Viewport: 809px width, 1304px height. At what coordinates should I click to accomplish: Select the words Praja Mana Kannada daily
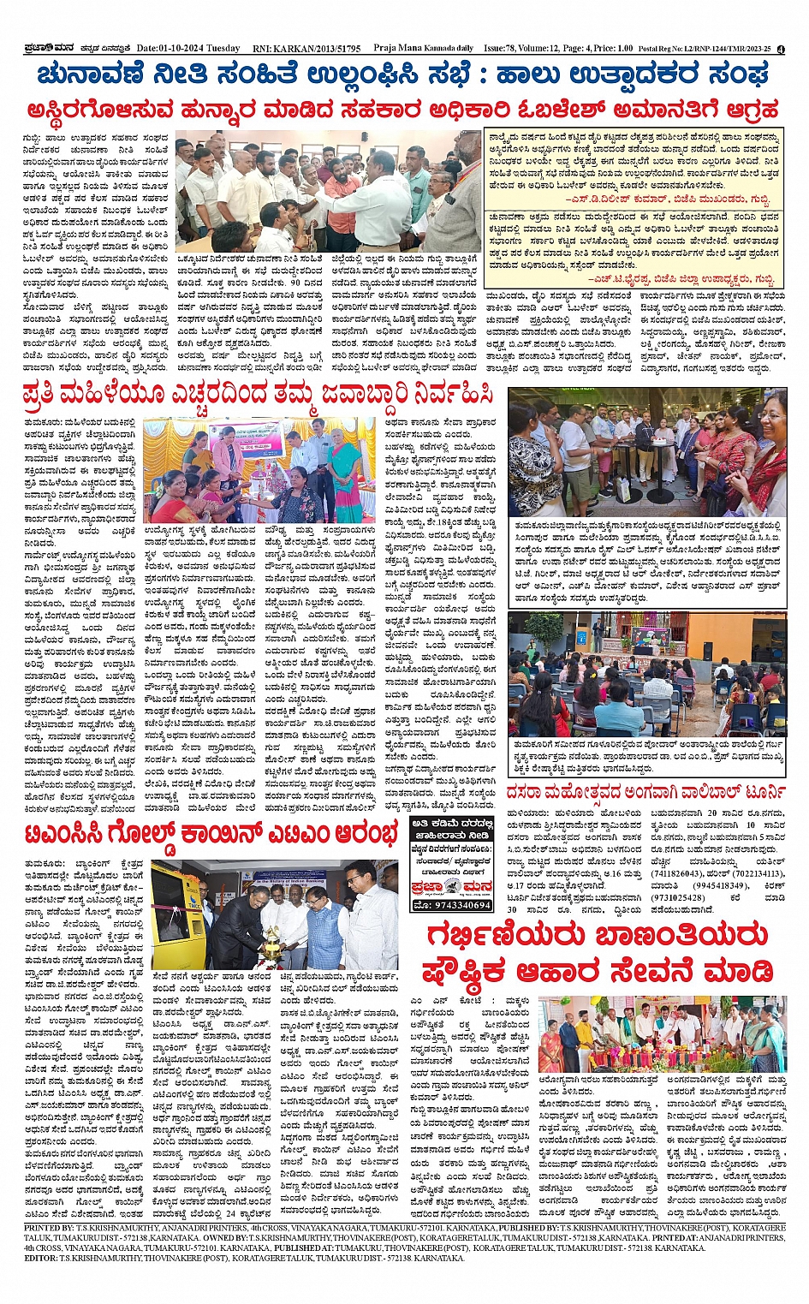tap(424, 49)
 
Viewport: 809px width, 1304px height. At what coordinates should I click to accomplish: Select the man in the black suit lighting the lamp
tap(234, 925)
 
